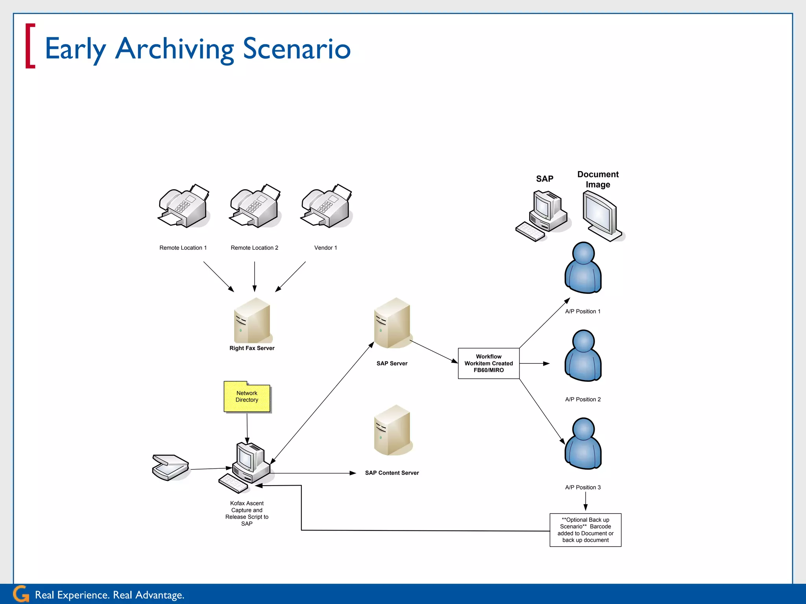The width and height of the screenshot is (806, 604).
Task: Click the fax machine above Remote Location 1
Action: click(183, 206)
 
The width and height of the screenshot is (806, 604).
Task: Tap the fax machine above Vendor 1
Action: click(326, 206)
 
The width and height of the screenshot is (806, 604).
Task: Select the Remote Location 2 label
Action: click(254, 248)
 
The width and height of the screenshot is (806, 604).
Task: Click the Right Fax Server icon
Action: click(252, 321)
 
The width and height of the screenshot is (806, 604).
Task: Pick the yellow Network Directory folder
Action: click(247, 397)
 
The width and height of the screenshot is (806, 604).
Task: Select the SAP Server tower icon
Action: click(392, 323)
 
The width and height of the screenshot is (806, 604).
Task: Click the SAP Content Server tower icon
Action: click(392, 431)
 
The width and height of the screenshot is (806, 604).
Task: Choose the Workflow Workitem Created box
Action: click(488, 363)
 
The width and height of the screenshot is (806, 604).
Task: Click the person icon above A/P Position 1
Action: click(583, 268)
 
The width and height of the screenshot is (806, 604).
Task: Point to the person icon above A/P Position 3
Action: click(583, 444)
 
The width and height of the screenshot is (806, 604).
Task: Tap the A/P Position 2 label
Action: click(583, 400)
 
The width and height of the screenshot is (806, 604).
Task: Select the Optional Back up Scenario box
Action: click(585, 530)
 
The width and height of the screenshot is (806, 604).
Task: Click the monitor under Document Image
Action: click(601, 215)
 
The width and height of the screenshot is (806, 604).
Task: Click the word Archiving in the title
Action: click(175, 49)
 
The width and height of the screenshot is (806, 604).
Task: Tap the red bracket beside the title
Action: click(30, 46)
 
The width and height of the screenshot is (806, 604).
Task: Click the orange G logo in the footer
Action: click(21, 594)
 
